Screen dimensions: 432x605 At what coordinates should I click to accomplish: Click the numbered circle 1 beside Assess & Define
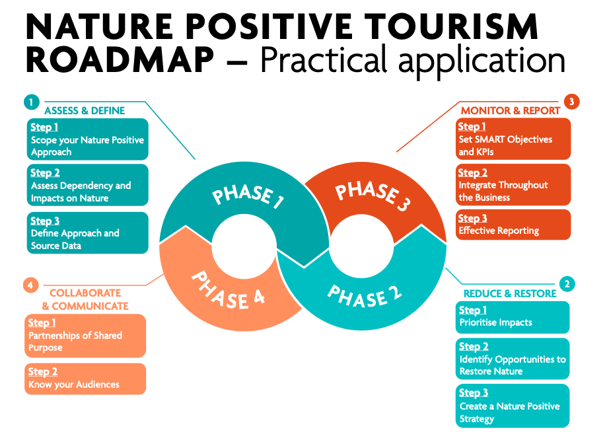tap(30, 102)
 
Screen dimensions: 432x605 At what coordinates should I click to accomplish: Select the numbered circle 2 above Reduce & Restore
tap(567, 284)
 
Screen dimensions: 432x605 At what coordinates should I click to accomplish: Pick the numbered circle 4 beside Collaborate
tap(30, 285)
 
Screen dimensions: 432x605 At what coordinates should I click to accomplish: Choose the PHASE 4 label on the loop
tap(228, 289)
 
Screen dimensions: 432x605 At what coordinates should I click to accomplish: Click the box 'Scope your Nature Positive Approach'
tap(87, 139)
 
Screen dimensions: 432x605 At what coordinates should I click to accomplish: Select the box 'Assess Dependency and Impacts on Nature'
tap(87, 185)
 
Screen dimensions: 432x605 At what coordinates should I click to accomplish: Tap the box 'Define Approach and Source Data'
tap(87, 233)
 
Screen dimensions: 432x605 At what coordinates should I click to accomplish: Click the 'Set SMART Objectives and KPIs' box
tap(513, 139)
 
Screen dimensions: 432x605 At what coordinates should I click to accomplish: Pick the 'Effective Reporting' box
tap(513, 225)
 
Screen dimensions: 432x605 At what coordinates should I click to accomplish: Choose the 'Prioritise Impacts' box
tap(512, 317)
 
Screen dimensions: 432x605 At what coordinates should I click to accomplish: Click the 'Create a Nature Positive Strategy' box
tap(512, 406)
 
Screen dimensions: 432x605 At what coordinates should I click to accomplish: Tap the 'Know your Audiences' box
tap(85, 378)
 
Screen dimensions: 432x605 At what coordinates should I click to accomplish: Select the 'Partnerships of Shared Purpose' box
tap(85, 336)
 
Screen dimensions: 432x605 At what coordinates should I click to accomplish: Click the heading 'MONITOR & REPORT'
tap(510, 110)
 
